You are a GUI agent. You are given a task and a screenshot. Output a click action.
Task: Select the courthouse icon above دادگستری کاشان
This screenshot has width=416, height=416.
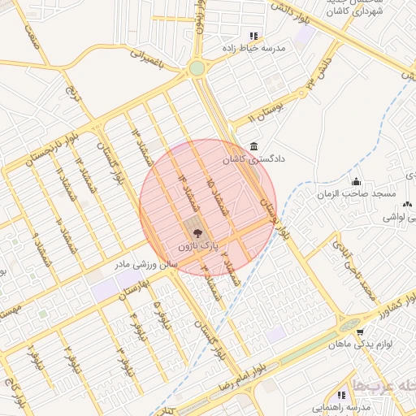tap(255, 147)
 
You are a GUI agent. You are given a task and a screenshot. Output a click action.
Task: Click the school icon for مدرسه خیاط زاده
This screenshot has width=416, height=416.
tap(254, 36)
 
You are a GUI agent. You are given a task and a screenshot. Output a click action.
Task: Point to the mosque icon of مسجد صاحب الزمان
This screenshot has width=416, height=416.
tap(356, 181)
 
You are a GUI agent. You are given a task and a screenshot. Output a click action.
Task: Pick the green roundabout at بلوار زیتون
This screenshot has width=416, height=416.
tap(197, 68)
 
